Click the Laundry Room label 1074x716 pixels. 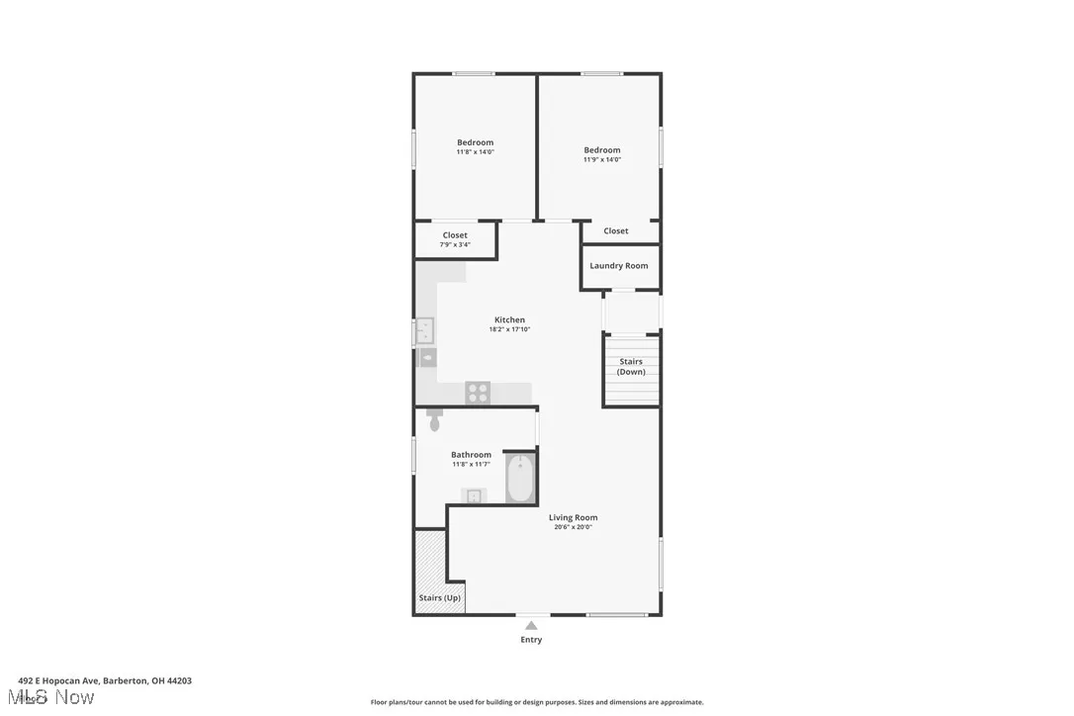tap(619, 266)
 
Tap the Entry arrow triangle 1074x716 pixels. tap(531, 625)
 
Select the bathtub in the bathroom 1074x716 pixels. tap(520, 478)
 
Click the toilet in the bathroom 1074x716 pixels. tap(434, 419)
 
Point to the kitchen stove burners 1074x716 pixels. tap(478, 393)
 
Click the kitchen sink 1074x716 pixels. tap(424, 329)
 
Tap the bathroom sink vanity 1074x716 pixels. tap(474, 495)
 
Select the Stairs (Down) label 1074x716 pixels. tap(631, 367)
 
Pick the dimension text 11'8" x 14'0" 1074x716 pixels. tap(475, 152)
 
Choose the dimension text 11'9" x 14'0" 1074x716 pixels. tap(601, 159)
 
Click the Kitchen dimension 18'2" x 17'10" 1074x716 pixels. tap(509, 329)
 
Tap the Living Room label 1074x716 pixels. tap(574, 517)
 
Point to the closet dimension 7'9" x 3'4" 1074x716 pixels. tap(455, 244)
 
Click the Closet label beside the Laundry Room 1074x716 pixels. tap(616, 231)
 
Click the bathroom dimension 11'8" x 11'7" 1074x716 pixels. tap(471, 464)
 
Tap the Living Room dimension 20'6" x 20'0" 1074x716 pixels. tap(574, 527)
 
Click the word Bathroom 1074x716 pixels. tap(471, 455)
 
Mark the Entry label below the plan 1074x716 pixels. tap(531, 640)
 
